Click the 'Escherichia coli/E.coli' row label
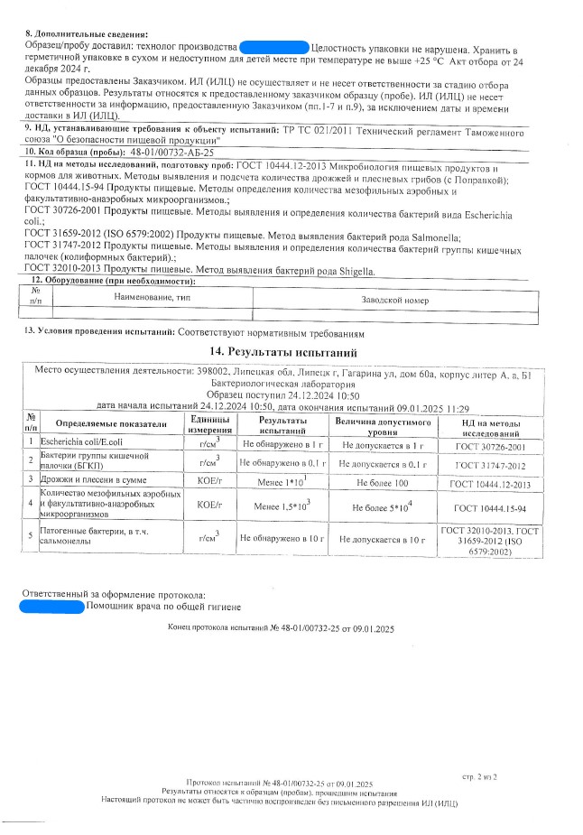pyautogui.click(x=85, y=442)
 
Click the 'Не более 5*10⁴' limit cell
pyautogui.click(x=384, y=506)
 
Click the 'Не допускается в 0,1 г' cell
pyautogui.click(x=384, y=463)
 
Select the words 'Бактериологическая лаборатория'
pyautogui.click(x=288, y=384)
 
